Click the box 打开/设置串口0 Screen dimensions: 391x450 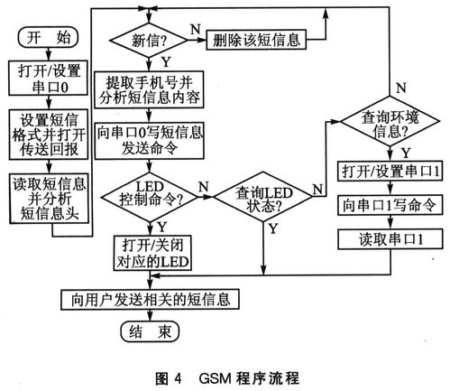click(x=48, y=79)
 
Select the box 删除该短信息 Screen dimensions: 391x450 click(x=256, y=40)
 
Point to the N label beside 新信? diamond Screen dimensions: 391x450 click(x=197, y=30)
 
